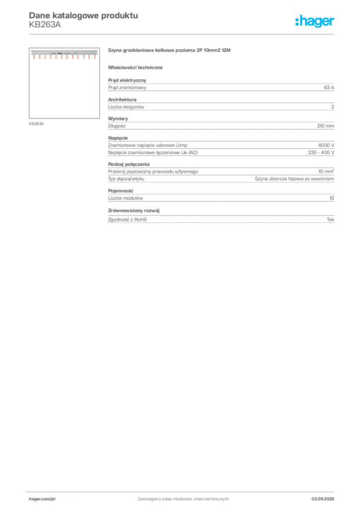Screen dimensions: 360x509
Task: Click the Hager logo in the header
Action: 315,21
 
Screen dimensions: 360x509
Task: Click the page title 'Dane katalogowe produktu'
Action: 84,15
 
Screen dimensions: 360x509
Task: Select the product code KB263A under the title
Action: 45,25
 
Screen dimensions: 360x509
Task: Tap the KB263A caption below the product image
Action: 36,124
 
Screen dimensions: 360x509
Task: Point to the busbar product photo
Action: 64,54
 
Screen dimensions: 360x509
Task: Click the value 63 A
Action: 329,87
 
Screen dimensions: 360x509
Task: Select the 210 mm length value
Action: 326,126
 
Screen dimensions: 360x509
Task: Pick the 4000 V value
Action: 326,146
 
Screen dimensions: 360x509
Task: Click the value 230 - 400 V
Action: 321,153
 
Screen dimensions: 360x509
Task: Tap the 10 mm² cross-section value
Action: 326,171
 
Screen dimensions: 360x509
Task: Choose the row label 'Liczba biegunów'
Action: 126,107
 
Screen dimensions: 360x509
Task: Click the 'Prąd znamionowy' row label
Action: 127,87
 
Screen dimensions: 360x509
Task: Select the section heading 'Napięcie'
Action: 118,138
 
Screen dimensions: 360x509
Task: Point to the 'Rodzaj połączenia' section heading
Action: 129,164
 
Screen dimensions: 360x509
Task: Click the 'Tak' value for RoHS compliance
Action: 331,220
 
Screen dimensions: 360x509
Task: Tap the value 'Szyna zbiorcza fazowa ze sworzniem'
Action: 294,179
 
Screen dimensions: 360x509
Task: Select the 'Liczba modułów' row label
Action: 126,198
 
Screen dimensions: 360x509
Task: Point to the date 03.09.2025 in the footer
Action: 323,499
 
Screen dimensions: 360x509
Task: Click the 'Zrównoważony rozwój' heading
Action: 134,211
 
